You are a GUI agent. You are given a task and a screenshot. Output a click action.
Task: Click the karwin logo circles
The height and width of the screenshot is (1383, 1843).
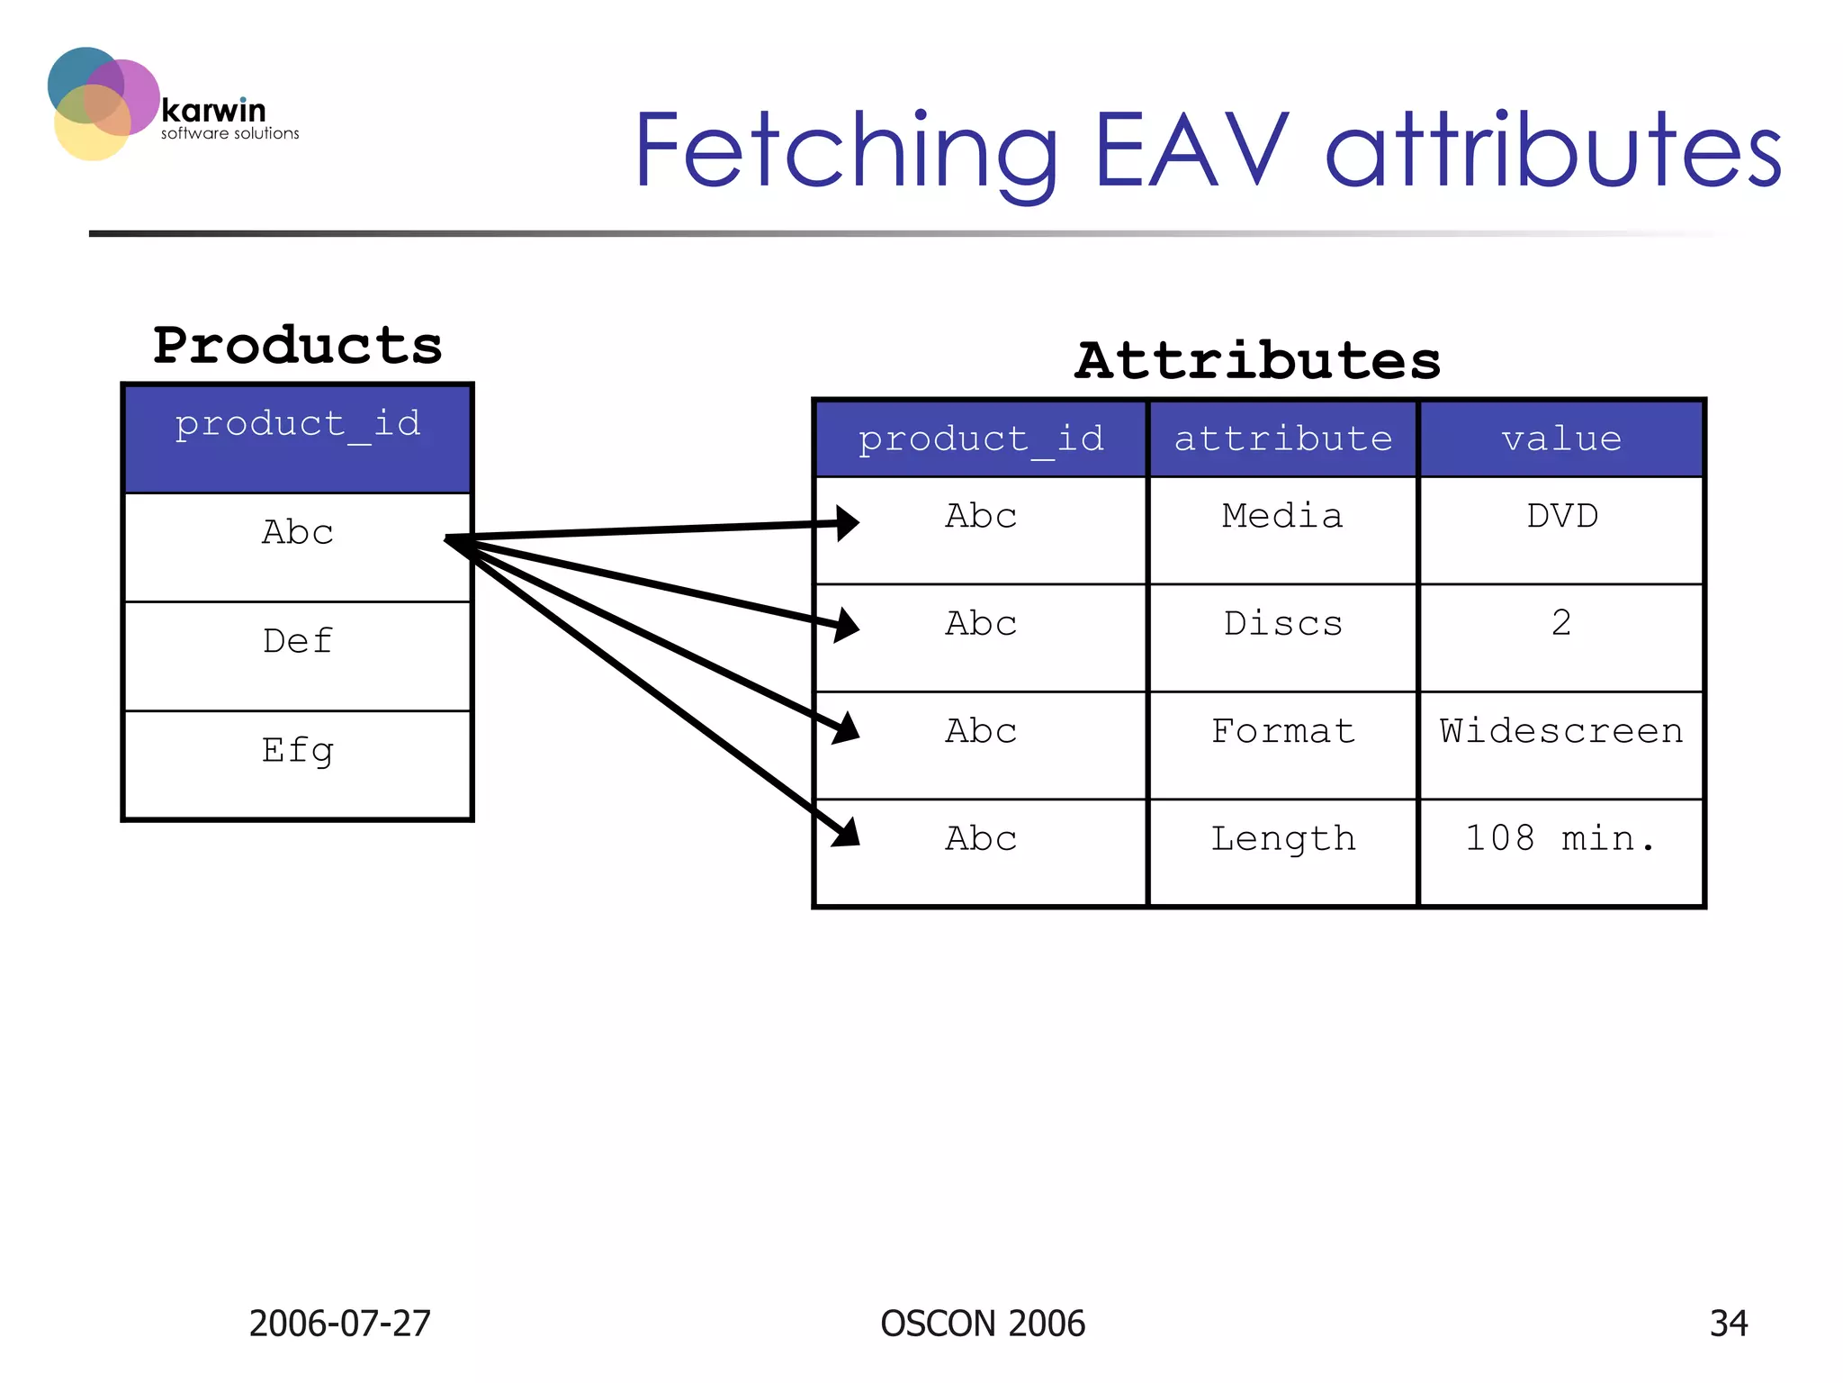click(101, 103)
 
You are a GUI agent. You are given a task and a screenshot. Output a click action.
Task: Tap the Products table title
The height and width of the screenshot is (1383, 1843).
click(298, 346)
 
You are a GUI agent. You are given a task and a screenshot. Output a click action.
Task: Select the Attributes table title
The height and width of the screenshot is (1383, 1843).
click(1257, 361)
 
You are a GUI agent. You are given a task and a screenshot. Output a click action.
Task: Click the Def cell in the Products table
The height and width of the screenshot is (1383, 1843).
click(298, 642)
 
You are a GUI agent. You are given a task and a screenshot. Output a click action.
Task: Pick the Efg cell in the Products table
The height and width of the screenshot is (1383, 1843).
click(298, 750)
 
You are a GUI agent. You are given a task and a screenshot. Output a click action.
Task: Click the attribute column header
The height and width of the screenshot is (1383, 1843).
click(1282, 439)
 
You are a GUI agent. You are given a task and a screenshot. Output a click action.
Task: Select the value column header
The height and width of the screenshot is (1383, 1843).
click(1561, 439)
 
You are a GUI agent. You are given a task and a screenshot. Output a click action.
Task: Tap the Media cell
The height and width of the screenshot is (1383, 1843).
click(1282, 517)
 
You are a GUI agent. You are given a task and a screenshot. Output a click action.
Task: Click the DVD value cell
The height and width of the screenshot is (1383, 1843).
click(1562, 517)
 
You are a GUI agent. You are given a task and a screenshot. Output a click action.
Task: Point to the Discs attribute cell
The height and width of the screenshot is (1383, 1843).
click(1282, 624)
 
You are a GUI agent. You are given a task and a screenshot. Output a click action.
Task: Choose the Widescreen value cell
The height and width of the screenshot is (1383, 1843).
click(1561, 731)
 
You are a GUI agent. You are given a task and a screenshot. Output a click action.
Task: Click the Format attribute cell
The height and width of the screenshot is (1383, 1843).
click(1282, 731)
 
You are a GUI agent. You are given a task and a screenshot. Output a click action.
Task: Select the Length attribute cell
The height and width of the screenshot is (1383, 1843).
click(1282, 839)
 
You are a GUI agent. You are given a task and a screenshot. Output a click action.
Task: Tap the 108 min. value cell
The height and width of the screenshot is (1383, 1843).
click(1561, 839)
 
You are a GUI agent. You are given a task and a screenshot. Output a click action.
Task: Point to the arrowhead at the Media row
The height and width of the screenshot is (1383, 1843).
click(847, 523)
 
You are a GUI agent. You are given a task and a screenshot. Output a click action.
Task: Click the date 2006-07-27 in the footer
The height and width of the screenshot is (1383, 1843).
click(340, 1324)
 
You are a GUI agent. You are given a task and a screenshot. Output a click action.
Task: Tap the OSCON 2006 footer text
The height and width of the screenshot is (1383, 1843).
click(983, 1324)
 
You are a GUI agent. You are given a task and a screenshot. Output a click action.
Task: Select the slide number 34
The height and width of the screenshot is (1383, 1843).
click(1728, 1324)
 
